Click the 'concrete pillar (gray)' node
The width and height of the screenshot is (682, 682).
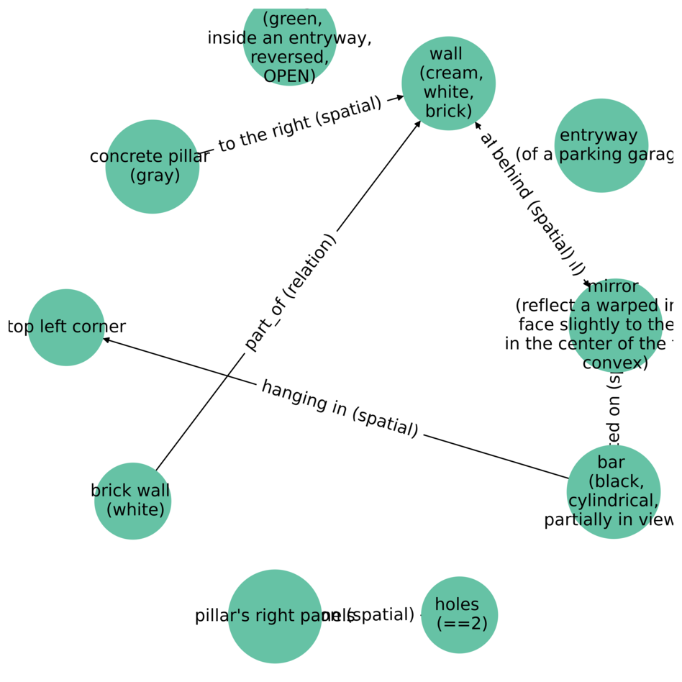153,166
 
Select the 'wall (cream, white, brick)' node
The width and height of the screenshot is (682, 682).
448,83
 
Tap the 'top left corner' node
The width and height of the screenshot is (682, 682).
66,327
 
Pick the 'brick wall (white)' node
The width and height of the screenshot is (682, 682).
132,501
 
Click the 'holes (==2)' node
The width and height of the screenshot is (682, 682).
459,614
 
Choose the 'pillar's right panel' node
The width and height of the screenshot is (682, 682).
275,616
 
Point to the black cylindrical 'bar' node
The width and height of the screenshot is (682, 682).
613,491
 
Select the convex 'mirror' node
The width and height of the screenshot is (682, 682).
614,326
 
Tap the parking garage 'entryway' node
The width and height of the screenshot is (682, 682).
601,145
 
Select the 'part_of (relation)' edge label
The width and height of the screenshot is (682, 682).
290,292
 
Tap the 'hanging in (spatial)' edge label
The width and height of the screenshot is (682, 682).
340,409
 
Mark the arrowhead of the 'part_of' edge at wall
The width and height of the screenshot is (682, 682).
417,124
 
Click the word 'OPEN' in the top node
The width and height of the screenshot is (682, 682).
289,76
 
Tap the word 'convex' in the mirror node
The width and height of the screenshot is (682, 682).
615,363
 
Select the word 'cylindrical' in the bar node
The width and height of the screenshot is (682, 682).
613,500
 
